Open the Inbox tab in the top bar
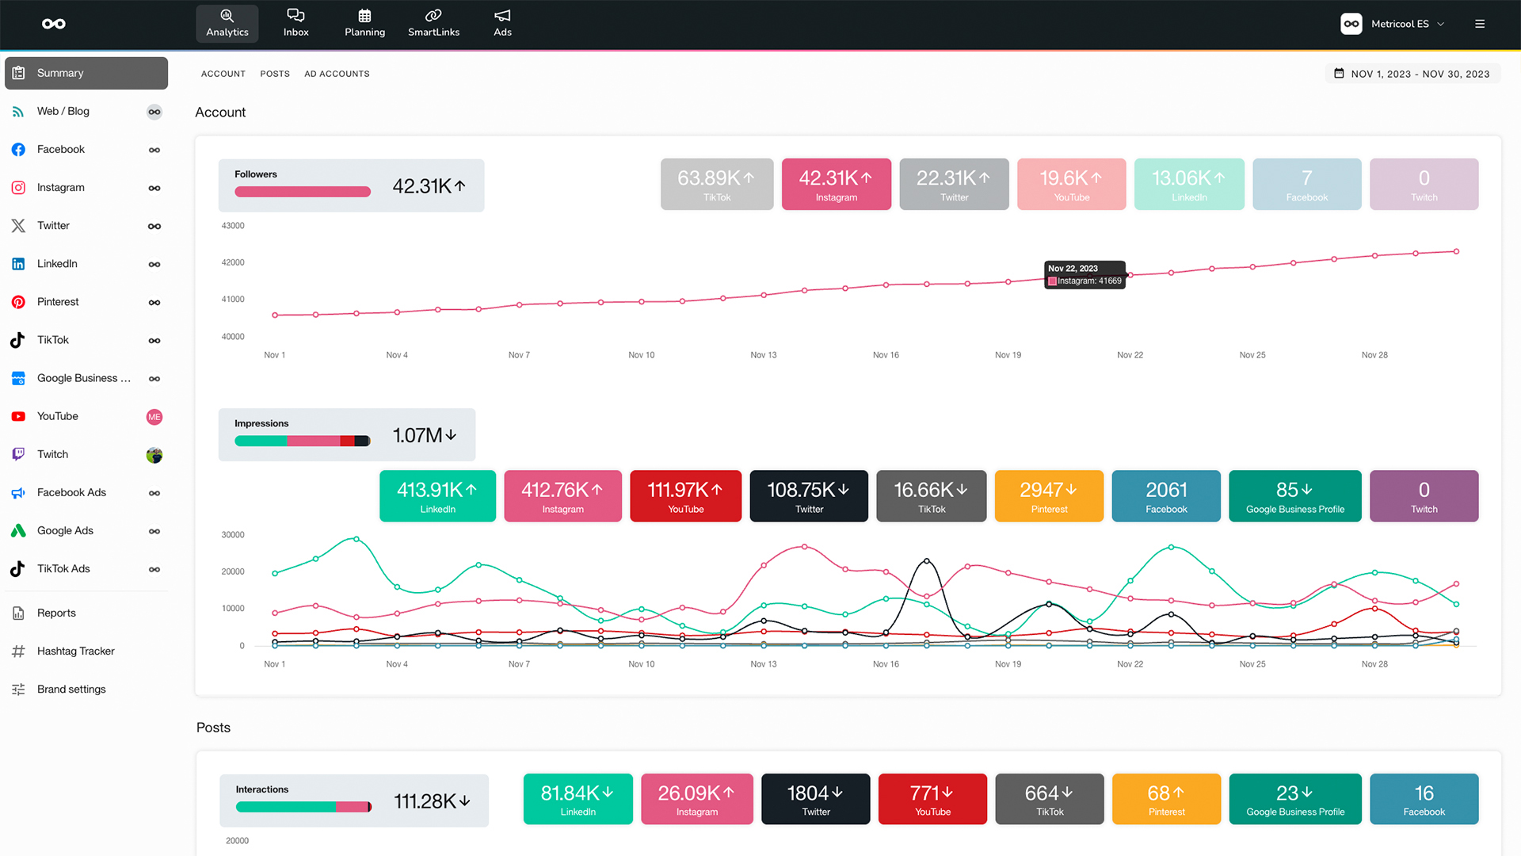coord(295,23)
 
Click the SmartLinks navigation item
coord(433,23)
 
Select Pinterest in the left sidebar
coord(58,302)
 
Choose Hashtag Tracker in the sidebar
coord(75,652)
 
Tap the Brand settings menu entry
coord(71,690)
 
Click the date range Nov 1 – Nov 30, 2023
coord(1413,74)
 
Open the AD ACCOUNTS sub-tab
coord(337,74)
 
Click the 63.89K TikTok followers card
coord(717,184)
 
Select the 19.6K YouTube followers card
coord(1071,184)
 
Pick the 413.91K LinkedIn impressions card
coord(437,496)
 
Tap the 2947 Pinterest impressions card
coord(1049,496)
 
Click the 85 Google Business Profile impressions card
coord(1294,496)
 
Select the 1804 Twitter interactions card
coord(815,799)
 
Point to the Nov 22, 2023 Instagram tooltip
coord(1085,275)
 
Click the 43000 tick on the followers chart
coord(233,226)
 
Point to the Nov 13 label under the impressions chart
coord(763,664)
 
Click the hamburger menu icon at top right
coord(1480,24)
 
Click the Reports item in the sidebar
coord(56,613)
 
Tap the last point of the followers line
coord(1456,251)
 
